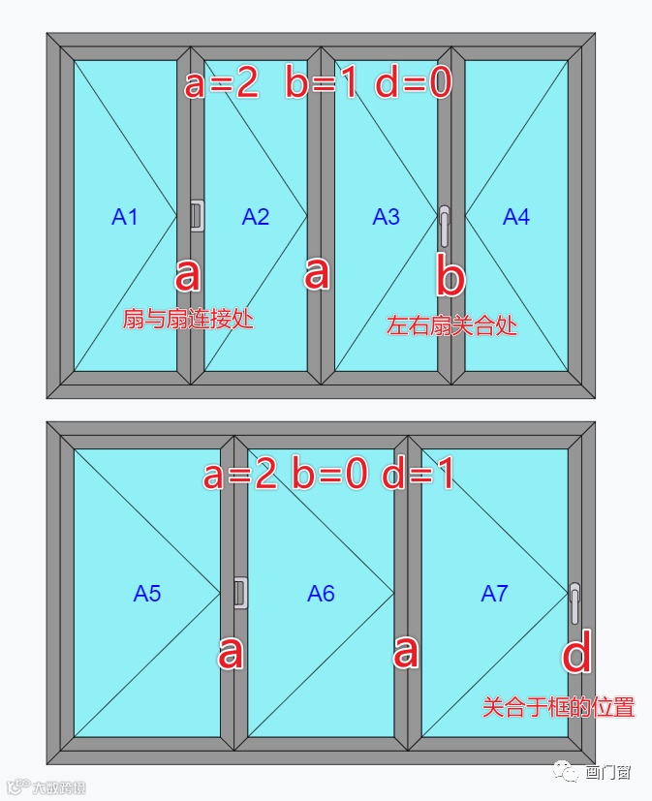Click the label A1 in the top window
point(125,217)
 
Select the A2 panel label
point(256,217)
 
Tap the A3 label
point(386,217)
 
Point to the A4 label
point(516,217)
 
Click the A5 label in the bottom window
point(147,594)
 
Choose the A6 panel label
point(321,594)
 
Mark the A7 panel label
point(494,594)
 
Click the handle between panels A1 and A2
point(197,215)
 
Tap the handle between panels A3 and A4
point(444,227)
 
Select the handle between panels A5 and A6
point(241,593)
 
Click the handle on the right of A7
point(575,602)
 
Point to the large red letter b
point(450,277)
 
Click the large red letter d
point(576,655)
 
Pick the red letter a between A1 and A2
point(187,275)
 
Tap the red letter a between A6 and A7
point(405,652)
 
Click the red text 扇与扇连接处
point(188,319)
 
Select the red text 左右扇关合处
point(451,325)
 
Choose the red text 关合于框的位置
point(558,707)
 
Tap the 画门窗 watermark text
point(608,773)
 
